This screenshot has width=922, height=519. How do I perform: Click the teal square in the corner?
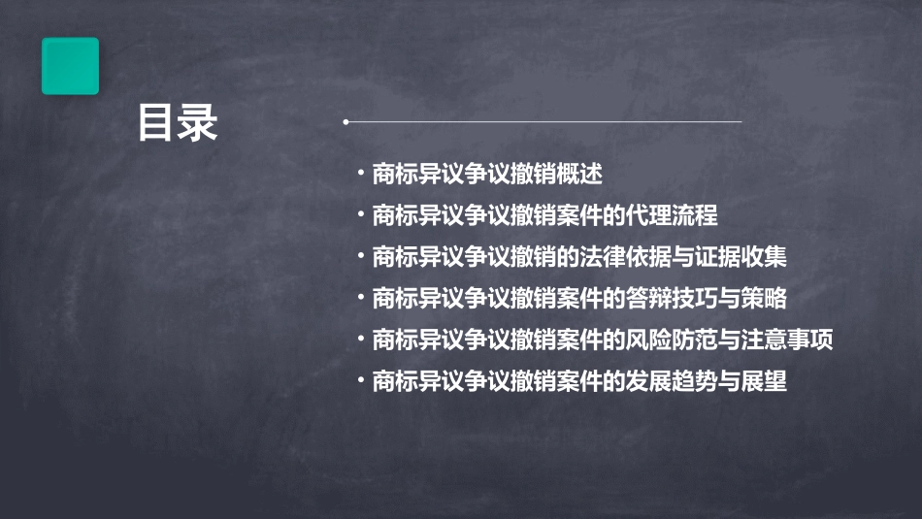(x=70, y=66)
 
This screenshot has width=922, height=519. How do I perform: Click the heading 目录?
(x=177, y=123)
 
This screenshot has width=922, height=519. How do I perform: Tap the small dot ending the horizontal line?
(x=346, y=122)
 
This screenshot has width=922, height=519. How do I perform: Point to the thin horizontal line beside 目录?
(x=543, y=122)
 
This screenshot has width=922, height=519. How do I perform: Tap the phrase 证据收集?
(x=752, y=257)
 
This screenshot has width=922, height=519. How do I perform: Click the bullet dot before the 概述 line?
(x=361, y=175)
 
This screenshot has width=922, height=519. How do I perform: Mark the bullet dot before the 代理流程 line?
(x=361, y=215)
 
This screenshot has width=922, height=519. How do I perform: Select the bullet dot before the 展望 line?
(x=361, y=381)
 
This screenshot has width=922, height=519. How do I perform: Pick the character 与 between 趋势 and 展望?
(x=729, y=381)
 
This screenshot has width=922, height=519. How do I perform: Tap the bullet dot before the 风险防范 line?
(x=361, y=341)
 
